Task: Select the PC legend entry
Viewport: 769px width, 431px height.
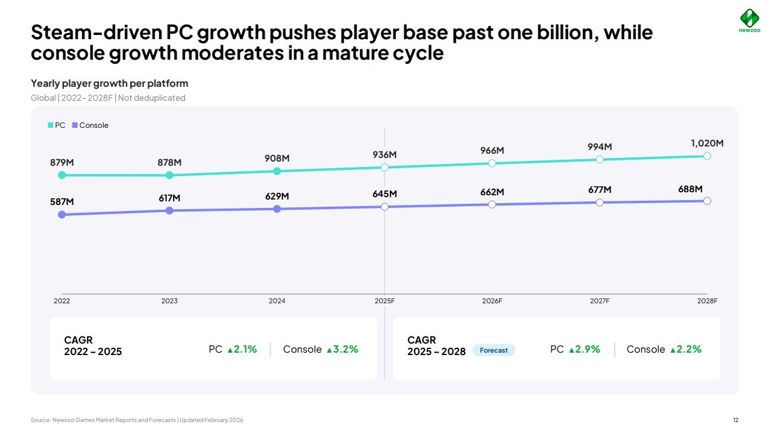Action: coord(57,125)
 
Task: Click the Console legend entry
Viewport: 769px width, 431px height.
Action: coord(90,125)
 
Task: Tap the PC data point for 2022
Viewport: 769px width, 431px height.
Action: coord(61,175)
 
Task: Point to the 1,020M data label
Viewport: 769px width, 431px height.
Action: coord(707,143)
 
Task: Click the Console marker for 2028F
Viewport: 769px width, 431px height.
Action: coord(707,201)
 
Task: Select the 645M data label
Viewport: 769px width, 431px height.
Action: coord(384,194)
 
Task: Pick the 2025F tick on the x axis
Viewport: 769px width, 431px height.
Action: coord(384,301)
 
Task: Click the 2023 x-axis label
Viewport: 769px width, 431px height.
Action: coord(169,301)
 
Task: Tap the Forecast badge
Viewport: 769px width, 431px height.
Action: coord(494,350)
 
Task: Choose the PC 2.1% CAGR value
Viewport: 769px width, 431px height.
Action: coord(242,349)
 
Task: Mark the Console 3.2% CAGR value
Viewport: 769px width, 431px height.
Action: coord(342,349)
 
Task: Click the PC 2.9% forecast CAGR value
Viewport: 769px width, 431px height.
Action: coord(584,349)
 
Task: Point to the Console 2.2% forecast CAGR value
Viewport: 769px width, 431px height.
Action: coord(685,349)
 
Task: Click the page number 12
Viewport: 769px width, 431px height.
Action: coord(735,420)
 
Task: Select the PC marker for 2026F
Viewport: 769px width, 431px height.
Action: coord(492,163)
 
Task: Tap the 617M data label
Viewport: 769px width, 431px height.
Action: coord(169,198)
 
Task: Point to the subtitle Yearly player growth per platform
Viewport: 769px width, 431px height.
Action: coord(110,83)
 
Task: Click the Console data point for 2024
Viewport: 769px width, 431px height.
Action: coord(277,209)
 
